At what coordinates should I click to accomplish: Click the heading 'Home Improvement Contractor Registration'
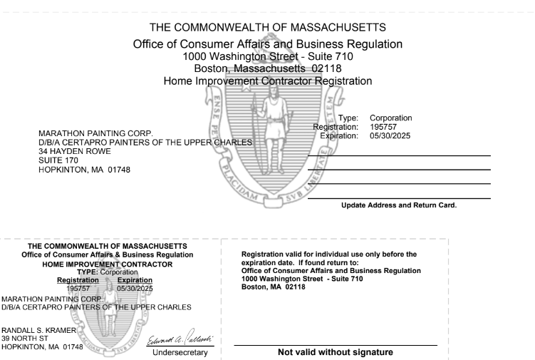click(x=268, y=81)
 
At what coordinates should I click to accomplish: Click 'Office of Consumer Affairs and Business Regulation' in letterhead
click(x=268, y=43)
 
